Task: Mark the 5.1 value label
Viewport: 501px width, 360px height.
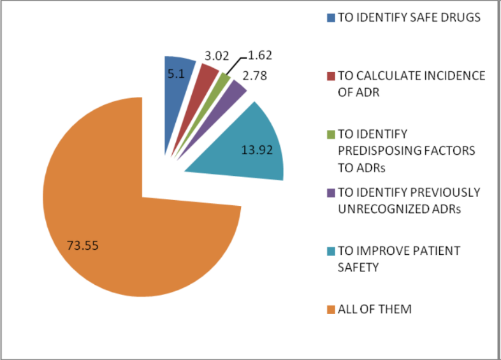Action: pyautogui.click(x=176, y=74)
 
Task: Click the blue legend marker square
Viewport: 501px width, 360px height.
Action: pyautogui.click(x=330, y=18)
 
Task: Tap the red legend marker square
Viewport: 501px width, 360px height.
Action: pyautogui.click(x=330, y=76)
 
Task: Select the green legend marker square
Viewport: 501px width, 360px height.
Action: pyautogui.click(x=330, y=134)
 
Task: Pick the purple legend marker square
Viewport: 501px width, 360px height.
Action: pyautogui.click(x=330, y=193)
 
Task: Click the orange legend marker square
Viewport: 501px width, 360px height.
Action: pyautogui.click(x=330, y=310)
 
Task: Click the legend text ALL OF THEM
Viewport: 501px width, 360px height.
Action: pyautogui.click(x=375, y=310)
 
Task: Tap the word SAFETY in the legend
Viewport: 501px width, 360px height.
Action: pyautogui.click(x=358, y=267)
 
